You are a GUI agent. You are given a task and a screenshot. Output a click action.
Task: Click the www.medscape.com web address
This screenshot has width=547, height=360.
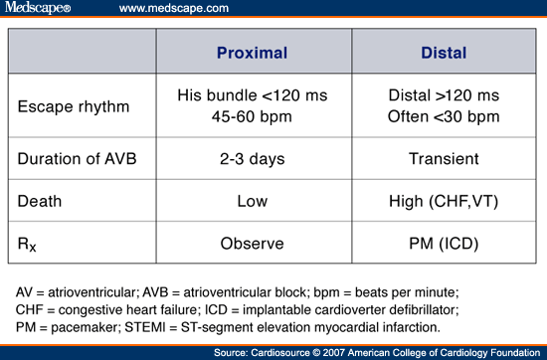pos(176,9)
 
